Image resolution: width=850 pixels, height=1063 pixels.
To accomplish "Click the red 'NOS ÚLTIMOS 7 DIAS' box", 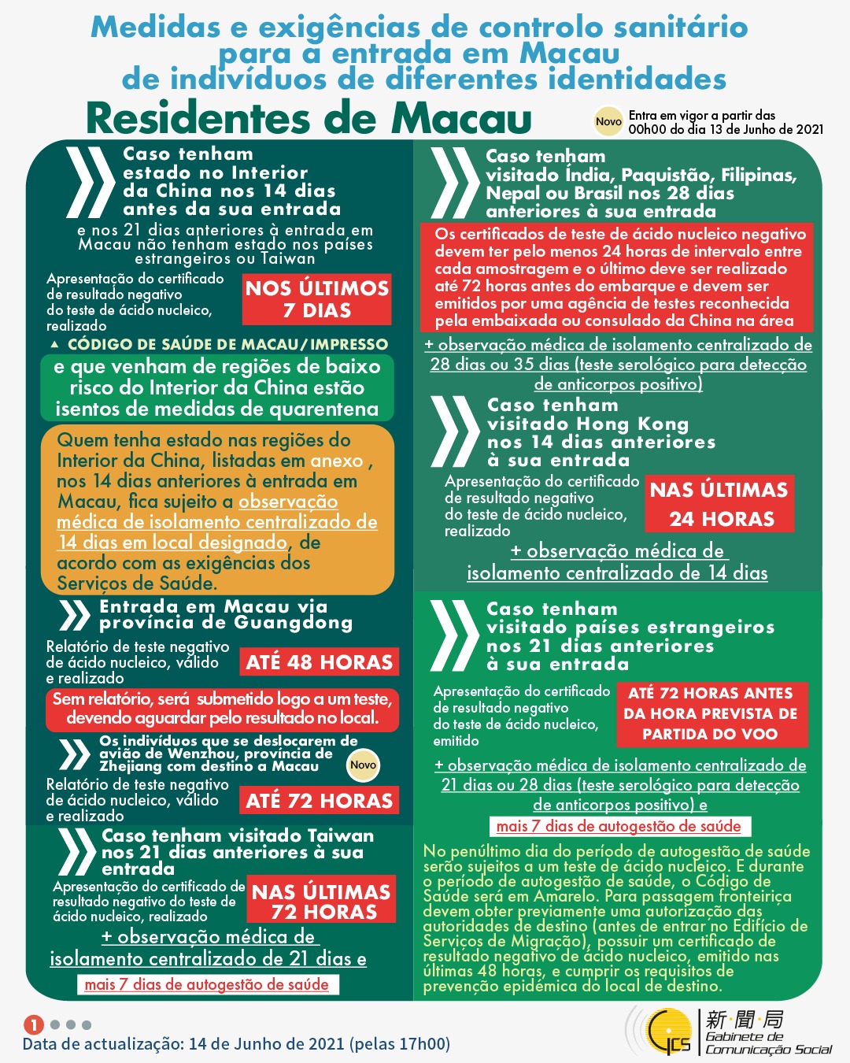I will [x=316, y=299].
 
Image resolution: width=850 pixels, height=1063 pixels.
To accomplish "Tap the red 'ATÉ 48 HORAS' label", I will [x=319, y=662].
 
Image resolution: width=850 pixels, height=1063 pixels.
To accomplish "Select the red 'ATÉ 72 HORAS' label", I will [x=319, y=801].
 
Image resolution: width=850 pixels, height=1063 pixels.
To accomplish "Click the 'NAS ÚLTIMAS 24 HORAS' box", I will [x=719, y=504].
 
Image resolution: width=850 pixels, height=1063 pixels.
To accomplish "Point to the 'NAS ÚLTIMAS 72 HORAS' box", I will [x=320, y=902].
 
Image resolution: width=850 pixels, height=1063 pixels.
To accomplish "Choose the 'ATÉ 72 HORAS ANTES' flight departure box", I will [x=710, y=713].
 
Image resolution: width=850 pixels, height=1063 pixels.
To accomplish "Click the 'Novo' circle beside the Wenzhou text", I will [x=363, y=765].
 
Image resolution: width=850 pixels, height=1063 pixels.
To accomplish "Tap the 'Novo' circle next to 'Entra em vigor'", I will [x=608, y=121].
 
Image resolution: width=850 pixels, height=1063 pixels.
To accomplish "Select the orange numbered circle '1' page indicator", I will [x=33, y=1024].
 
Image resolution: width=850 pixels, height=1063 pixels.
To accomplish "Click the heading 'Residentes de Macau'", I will [x=309, y=118].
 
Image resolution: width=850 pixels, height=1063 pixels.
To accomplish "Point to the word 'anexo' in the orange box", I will [x=337, y=461].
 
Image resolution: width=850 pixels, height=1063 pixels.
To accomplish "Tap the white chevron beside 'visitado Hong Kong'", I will [x=456, y=432].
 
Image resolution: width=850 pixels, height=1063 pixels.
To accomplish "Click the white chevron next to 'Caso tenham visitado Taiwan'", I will [x=76, y=852].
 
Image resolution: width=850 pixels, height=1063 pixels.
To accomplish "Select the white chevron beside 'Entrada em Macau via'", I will [x=74, y=615].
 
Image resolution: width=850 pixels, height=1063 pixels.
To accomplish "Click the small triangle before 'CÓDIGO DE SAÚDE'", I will [x=54, y=345].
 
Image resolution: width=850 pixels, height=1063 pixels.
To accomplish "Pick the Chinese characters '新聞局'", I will [x=745, y=1020].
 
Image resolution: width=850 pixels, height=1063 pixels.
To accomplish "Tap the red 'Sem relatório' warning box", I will [x=221, y=709].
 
